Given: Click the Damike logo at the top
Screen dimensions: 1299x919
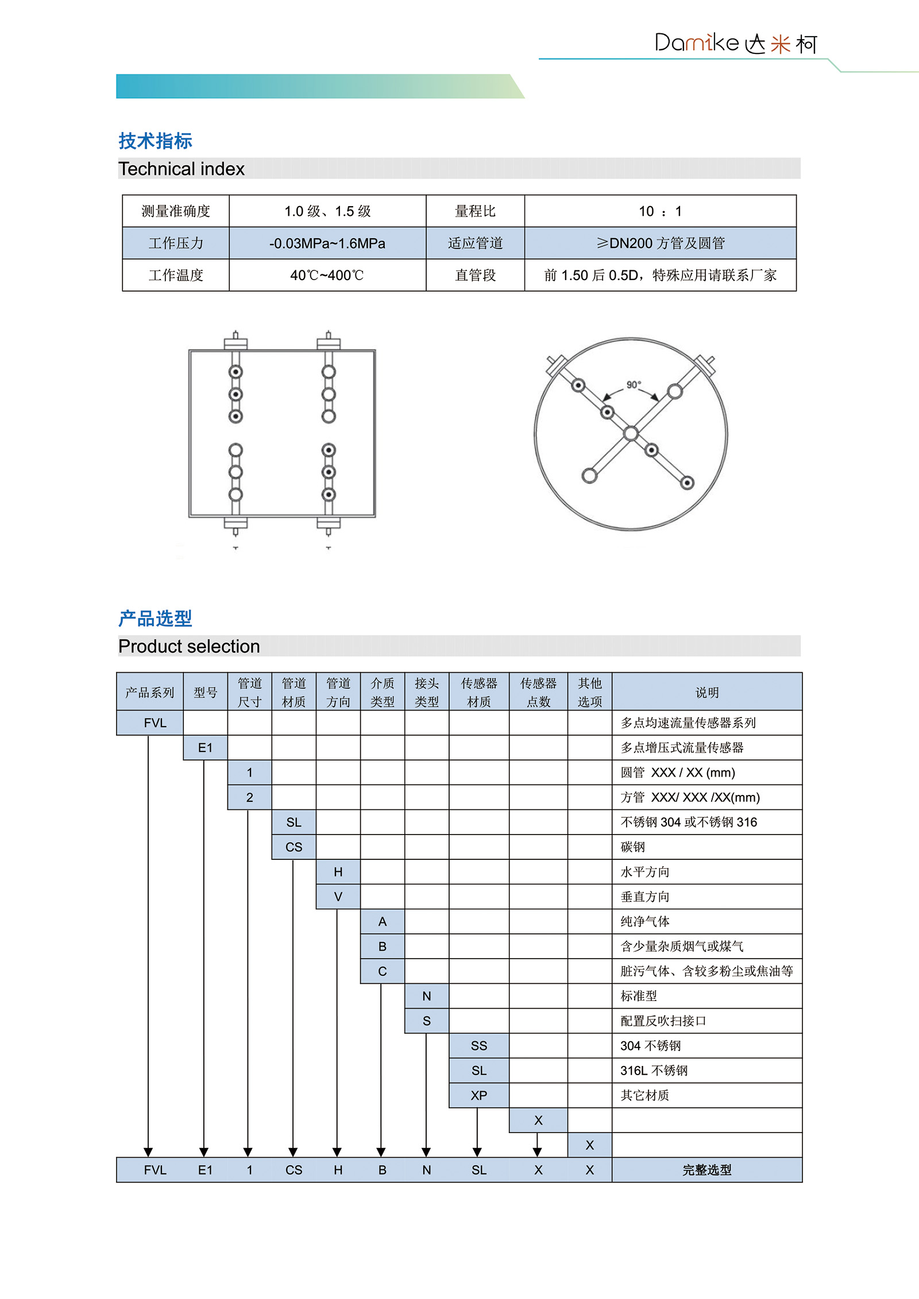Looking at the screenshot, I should coord(735,43).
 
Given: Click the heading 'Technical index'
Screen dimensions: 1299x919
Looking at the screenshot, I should coord(182,169).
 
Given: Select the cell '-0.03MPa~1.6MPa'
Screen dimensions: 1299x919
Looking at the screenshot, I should coord(327,243).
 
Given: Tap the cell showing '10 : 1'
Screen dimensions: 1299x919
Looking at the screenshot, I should coord(660,211).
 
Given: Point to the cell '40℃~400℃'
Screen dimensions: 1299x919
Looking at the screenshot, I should coord(327,276).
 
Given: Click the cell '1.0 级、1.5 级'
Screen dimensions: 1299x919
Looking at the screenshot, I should coord(327,211).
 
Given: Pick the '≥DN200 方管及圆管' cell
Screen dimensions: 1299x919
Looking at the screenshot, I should coord(660,243).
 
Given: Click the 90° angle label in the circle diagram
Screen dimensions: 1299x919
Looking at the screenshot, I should coord(634,385).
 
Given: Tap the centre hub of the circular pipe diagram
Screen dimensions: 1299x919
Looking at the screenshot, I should coord(631,433).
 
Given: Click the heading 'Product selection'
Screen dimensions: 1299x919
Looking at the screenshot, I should coord(189,646).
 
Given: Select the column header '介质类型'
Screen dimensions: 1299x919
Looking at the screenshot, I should coord(383,692).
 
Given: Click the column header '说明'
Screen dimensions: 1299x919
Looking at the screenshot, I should coord(707,692).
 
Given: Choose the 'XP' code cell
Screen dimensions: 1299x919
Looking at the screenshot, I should coord(479,1095).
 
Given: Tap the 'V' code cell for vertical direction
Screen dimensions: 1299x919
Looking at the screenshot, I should coord(338,897).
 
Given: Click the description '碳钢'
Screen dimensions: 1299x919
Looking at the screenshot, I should coord(633,847).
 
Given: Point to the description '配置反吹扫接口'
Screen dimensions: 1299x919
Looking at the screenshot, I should coord(663,1021).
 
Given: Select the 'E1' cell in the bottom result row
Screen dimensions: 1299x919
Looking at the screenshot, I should coord(205,1170).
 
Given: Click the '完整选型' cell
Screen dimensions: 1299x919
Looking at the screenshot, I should coord(707,1170).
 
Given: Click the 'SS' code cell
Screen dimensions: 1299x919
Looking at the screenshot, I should coord(479,1046).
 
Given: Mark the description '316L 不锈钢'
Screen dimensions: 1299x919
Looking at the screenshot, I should coord(654,1071).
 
